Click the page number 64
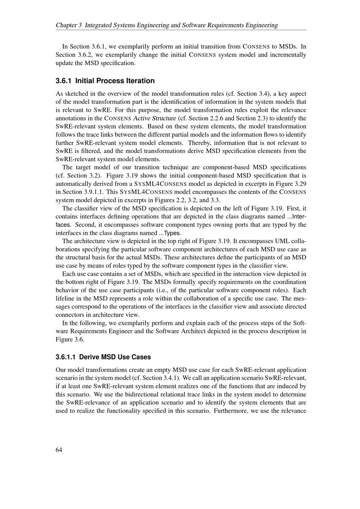tap(59, 450)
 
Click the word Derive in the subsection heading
tap(89, 357)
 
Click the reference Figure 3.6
tap(70, 339)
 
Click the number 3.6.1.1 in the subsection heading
tap(66, 357)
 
